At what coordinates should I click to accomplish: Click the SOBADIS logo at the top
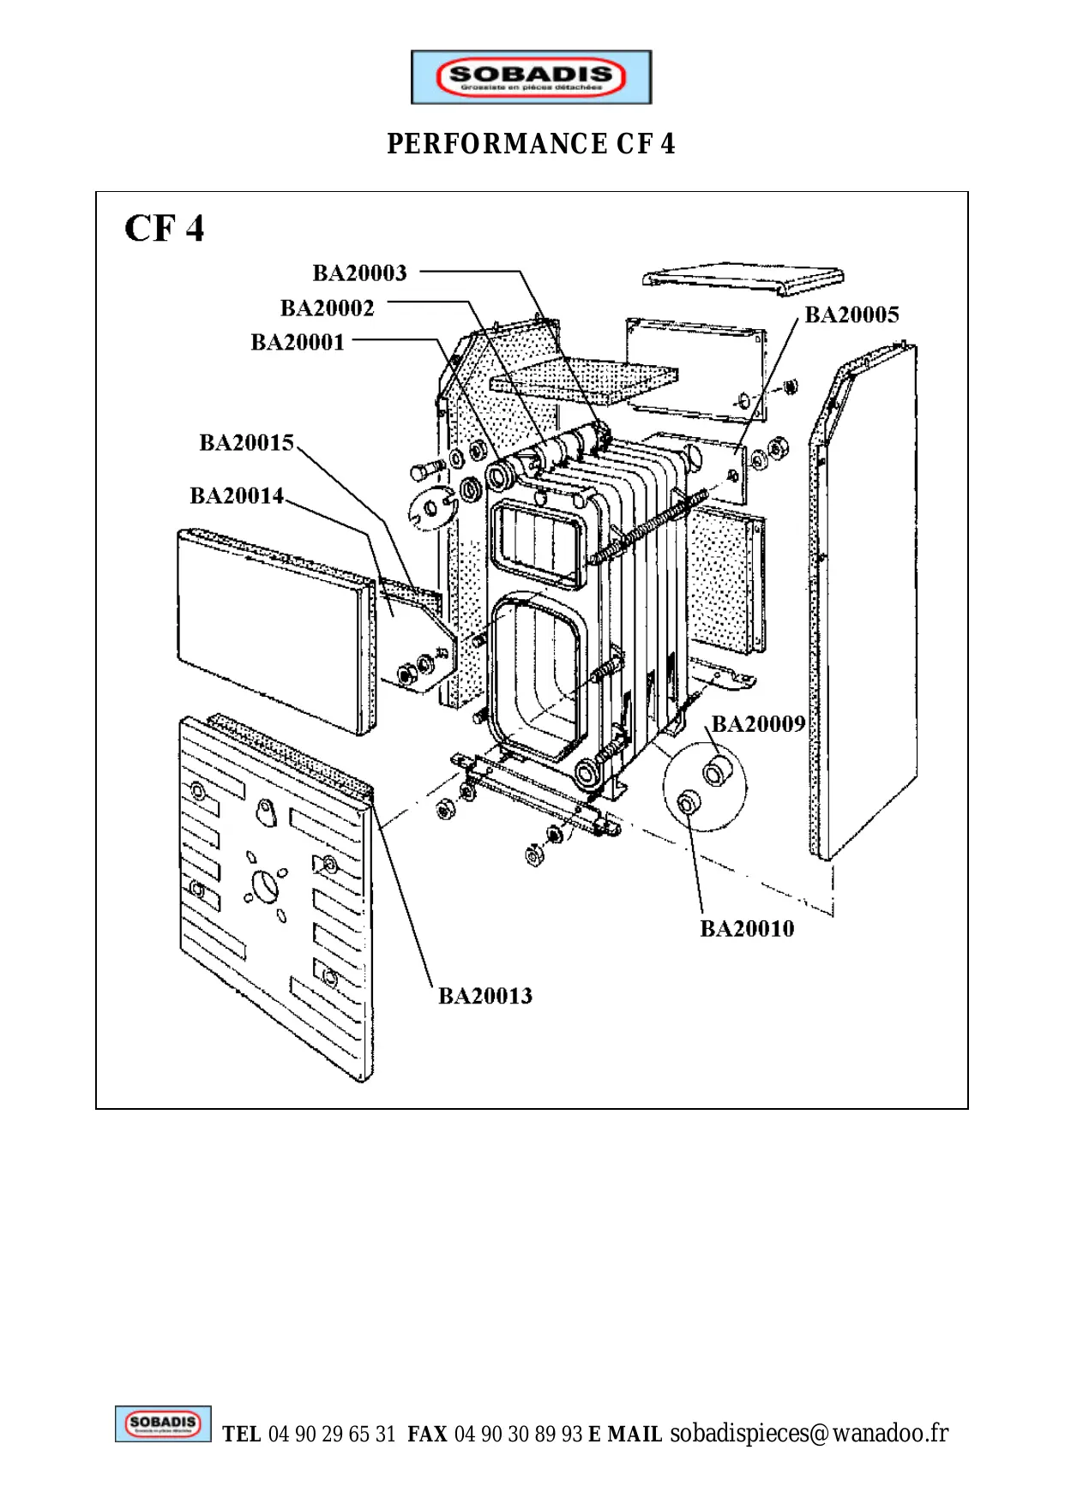[x=531, y=77]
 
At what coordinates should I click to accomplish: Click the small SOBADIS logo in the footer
[x=163, y=1424]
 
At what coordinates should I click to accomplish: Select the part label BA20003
[x=359, y=273]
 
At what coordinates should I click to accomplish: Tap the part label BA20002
[x=327, y=309]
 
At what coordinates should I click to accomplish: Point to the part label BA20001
[x=298, y=343]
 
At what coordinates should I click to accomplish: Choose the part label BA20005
[x=851, y=315]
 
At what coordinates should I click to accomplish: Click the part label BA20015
[x=246, y=443]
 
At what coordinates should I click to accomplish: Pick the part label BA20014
[x=237, y=496]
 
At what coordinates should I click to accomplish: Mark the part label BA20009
[x=758, y=725]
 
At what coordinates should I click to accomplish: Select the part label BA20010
[x=747, y=929]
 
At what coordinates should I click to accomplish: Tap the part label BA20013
[x=485, y=996]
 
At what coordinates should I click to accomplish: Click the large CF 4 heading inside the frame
[x=165, y=229]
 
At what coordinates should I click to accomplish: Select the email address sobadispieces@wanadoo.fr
[x=809, y=1433]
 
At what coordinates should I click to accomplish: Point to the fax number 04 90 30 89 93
[x=518, y=1435]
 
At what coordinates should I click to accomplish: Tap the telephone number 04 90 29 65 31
[x=332, y=1435]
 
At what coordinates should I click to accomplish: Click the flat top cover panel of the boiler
[x=743, y=279]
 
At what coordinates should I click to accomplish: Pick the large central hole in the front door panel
[x=267, y=884]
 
